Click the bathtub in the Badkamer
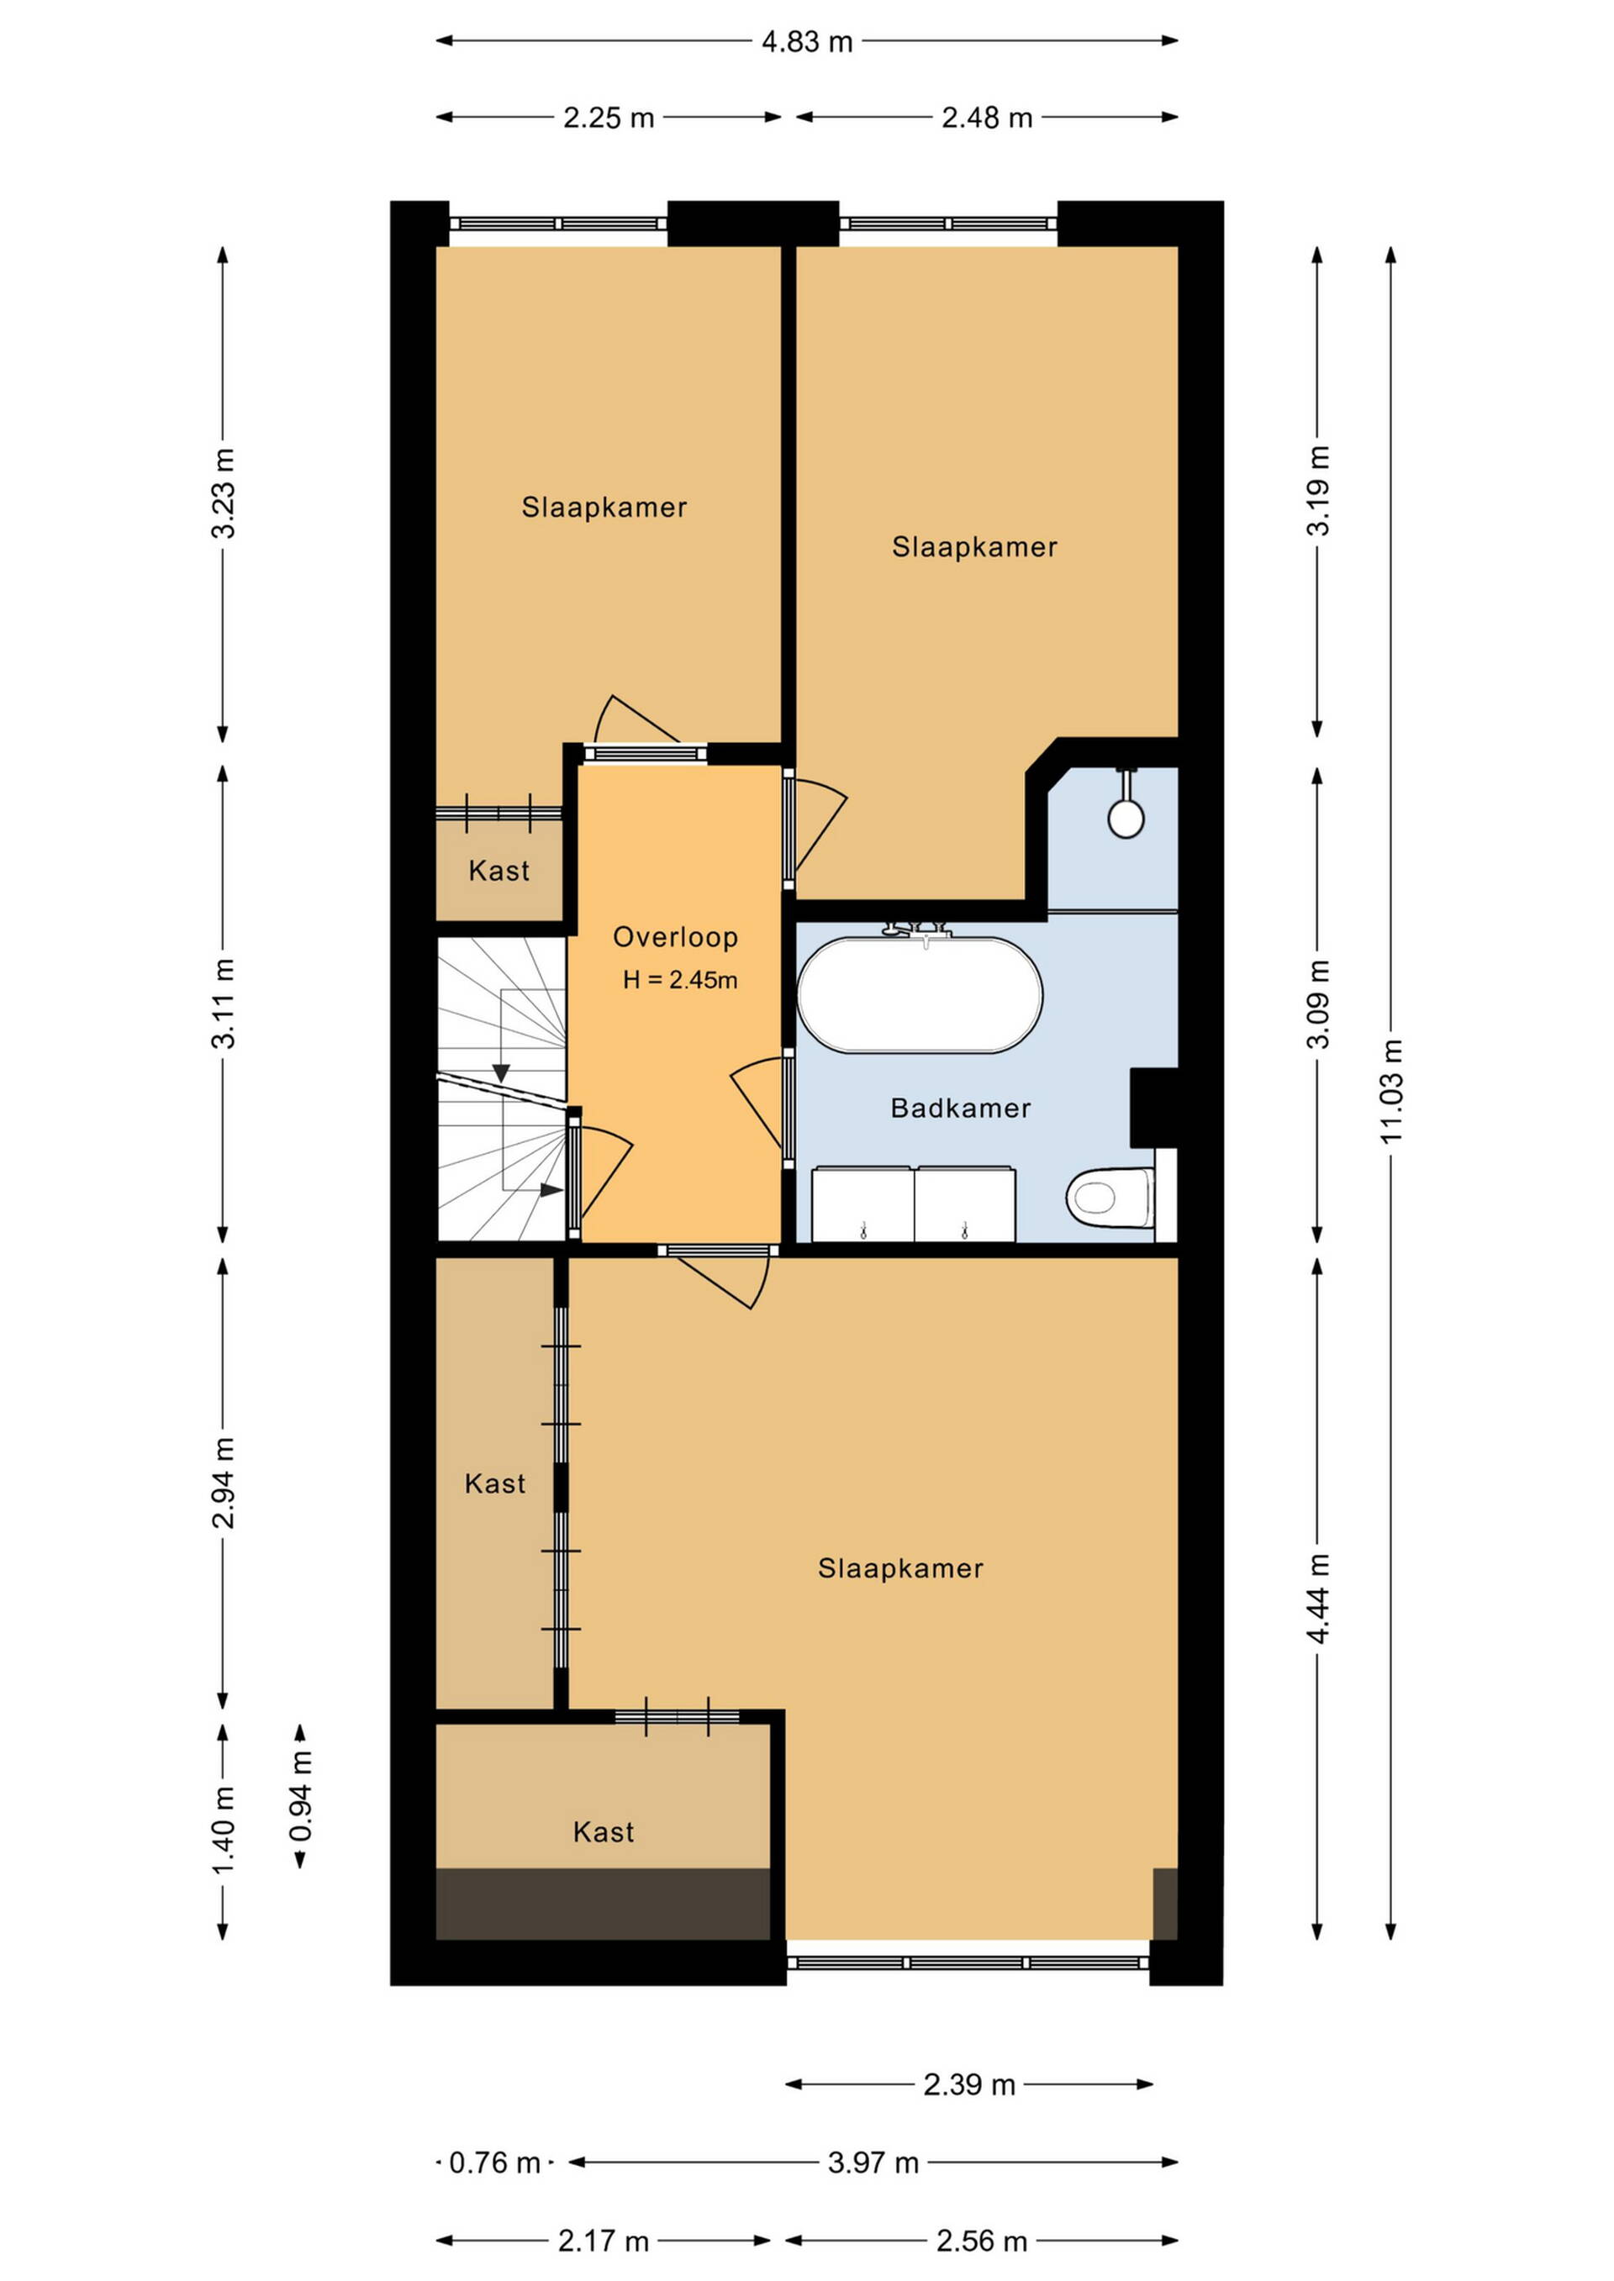pyautogui.click(x=920, y=993)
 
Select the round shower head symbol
pyautogui.click(x=1126, y=819)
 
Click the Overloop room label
pyautogui.click(x=675, y=937)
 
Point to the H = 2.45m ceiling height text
pyautogui.click(x=680, y=981)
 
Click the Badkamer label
pyautogui.click(x=960, y=1108)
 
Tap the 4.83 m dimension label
pyautogui.click(x=807, y=42)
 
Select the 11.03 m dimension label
pyautogui.click(x=1390, y=1090)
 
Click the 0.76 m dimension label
pyautogui.click(x=495, y=2162)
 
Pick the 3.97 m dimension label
pyautogui.click(x=873, y=2162)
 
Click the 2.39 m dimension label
pyautogui.click(x=969, y=2084)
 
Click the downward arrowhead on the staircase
pyautogui.click(x=501, y=1073)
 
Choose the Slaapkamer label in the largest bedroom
pyautogui.click(x=900, y=1567)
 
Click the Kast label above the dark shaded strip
pyautogui.click(x=604, y=1832)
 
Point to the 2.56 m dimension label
pyautogui.click(x=982, y=2241)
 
